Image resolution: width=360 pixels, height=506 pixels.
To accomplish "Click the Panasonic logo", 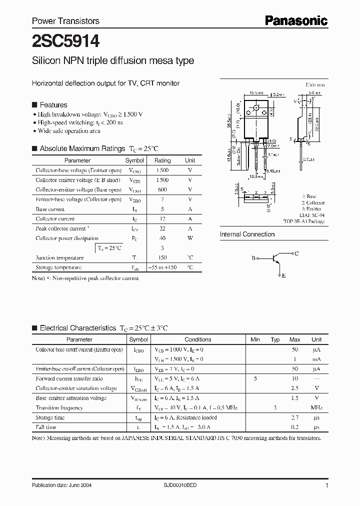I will [296, 20].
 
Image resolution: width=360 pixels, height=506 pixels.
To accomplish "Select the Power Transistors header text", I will [65, 21].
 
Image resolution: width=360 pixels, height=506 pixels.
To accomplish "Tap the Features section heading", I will [53, 105].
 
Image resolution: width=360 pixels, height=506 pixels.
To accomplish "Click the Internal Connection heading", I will [247, 234].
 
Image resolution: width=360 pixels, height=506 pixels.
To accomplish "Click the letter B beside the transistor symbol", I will [253, 258].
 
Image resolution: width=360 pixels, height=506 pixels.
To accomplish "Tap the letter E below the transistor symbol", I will [283, 275].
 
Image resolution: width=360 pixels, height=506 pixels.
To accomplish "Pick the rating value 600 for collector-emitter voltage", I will [162, 189].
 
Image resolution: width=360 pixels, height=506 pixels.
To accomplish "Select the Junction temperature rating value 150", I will [162, 257].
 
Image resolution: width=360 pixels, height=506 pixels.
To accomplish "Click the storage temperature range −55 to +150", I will [162, 267].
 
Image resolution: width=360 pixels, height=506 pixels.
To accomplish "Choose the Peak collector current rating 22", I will [162, 228].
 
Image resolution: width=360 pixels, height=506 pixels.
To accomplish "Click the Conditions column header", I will [197, 339].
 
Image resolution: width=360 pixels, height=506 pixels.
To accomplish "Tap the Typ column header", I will [275, 339].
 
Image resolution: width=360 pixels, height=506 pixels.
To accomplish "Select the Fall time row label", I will [46, 427].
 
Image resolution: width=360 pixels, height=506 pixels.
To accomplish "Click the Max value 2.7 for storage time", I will [294, 417].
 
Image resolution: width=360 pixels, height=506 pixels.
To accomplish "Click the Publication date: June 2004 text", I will [61, 485].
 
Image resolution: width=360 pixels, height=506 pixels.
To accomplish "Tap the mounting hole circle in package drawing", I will [257, 108].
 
